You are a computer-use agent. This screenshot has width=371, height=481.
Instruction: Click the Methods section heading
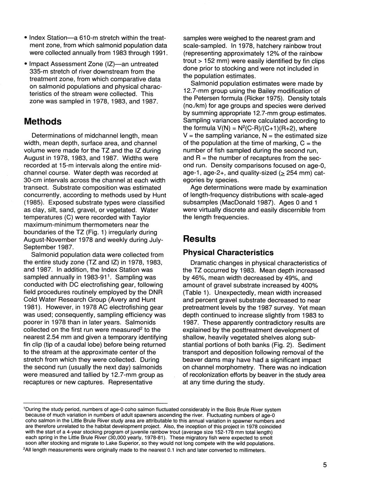(43, 122)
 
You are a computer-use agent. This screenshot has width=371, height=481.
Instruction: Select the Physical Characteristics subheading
(228, 252)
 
